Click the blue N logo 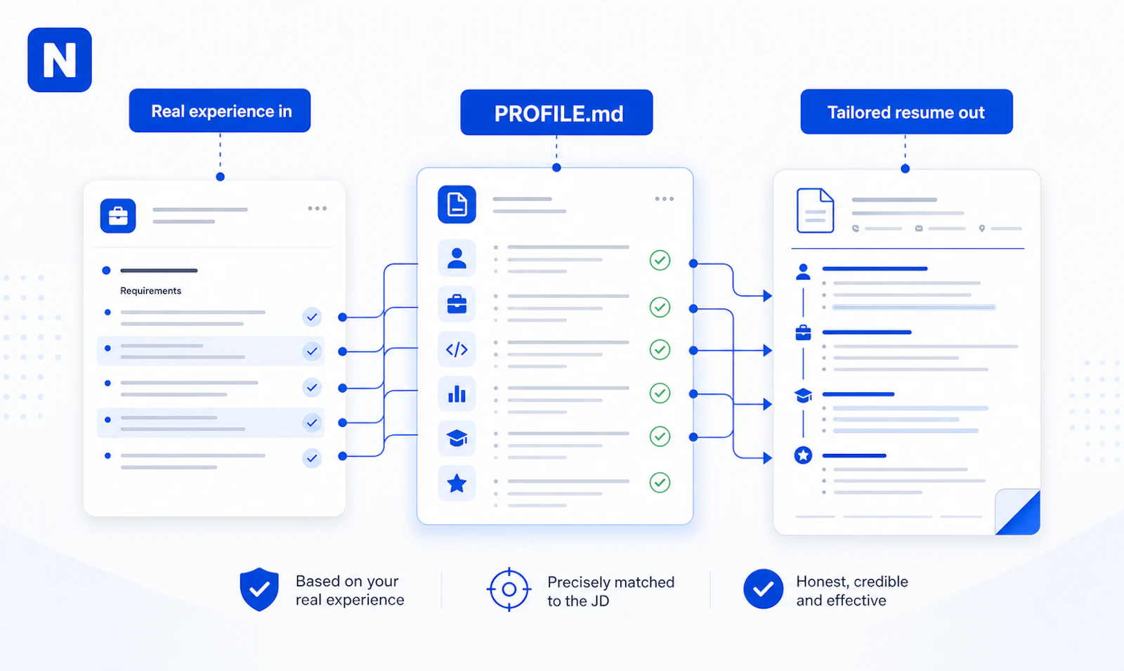[x=60, y=60]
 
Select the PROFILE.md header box [x=556, y=112]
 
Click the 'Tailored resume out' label [x=906, y=112]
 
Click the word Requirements [x=150, y=291]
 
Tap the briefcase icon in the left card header [x=118, y=216]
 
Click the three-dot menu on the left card [x=317, y=208]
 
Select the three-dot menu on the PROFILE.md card [x=665, y=199]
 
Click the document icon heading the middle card [x=457, y=204]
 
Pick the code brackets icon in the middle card [x=457, y=349]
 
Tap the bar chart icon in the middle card [x=457, y=393]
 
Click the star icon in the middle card [x=457, y=483]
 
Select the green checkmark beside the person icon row [x=660, y=260]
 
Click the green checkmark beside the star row [x=660, y=482]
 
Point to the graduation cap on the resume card [x=804, y=396]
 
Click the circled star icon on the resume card [x=804, y=455]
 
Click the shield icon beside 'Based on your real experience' [x=259, y=589]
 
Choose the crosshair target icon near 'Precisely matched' [x=509, y=589]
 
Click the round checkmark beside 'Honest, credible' [x=763, y=589]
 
